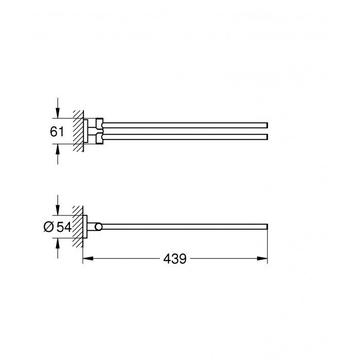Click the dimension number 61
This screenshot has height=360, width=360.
57,131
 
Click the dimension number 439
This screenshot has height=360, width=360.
175,259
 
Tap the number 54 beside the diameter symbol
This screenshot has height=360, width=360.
64,227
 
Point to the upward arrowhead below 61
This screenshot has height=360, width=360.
58,148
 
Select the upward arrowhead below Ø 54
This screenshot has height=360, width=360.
58,243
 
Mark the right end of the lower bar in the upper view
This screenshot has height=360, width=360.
266,136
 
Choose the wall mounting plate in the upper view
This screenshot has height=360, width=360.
86,131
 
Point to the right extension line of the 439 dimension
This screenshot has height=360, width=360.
268,247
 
